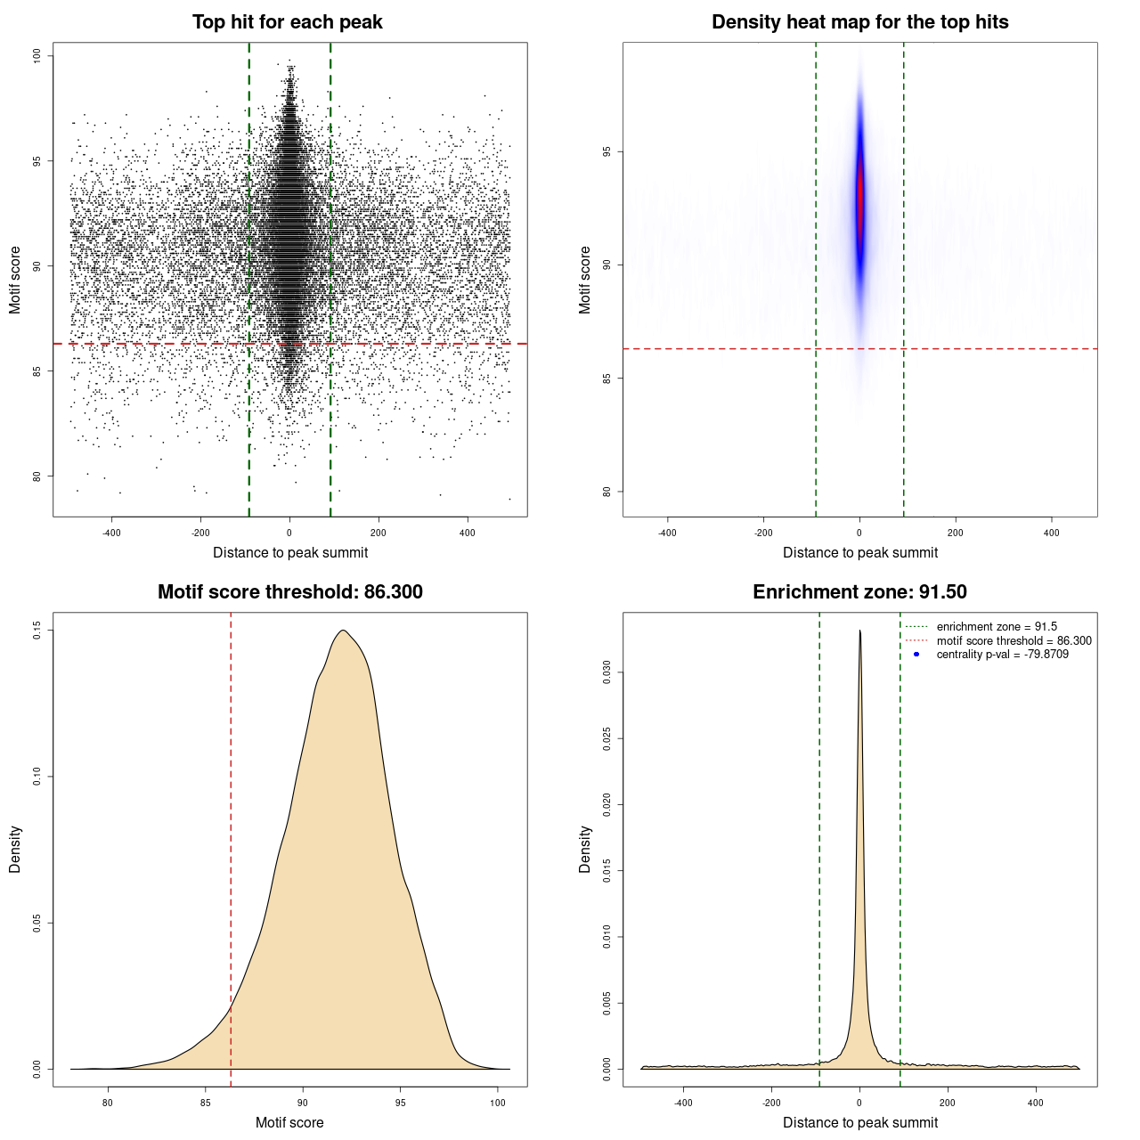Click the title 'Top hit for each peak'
[x=287, y=22]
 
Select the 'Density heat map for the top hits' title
[x=859, y=22]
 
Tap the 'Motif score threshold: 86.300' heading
[x=289, y=592]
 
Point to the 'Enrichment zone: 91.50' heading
[x=859, y=592]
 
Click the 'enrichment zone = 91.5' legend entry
[x=997, y=627]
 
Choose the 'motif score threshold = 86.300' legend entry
[x=1014, y=640]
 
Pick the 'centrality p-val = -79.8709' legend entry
[x=1002, y=655]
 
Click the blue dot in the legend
[x=916, y=655]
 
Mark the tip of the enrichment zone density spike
[x=859, y=631]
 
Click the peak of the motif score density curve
[x=343, y=631]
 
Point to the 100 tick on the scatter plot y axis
[x=37, y=56]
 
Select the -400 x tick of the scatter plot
[x=111, y=533]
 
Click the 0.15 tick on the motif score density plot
[x=37, y=631]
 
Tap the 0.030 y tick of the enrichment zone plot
[x=607, y=672]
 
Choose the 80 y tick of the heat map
[x=607, y=492]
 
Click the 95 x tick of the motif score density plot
[x=401, y=1103]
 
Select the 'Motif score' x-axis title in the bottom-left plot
[x=289, y=1122]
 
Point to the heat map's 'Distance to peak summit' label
[x=859, y=552]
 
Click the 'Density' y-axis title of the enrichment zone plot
[x=585, y=849]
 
